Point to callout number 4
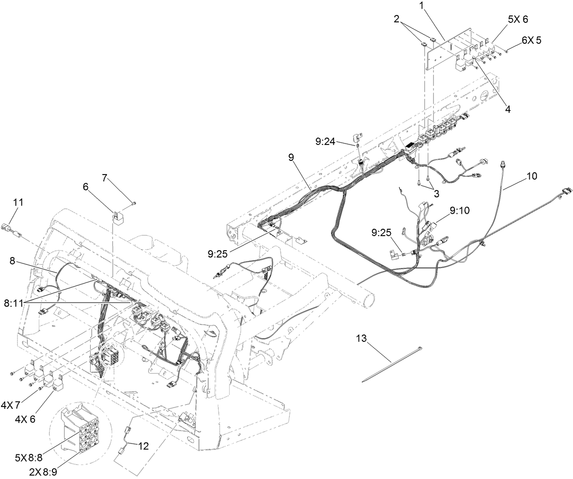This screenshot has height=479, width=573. click(x=507, y=109)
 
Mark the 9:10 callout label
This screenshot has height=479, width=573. click(x=460, y=211)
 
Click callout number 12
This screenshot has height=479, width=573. click(x=143, y=446)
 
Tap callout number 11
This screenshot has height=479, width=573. click(x=18, y=201)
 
